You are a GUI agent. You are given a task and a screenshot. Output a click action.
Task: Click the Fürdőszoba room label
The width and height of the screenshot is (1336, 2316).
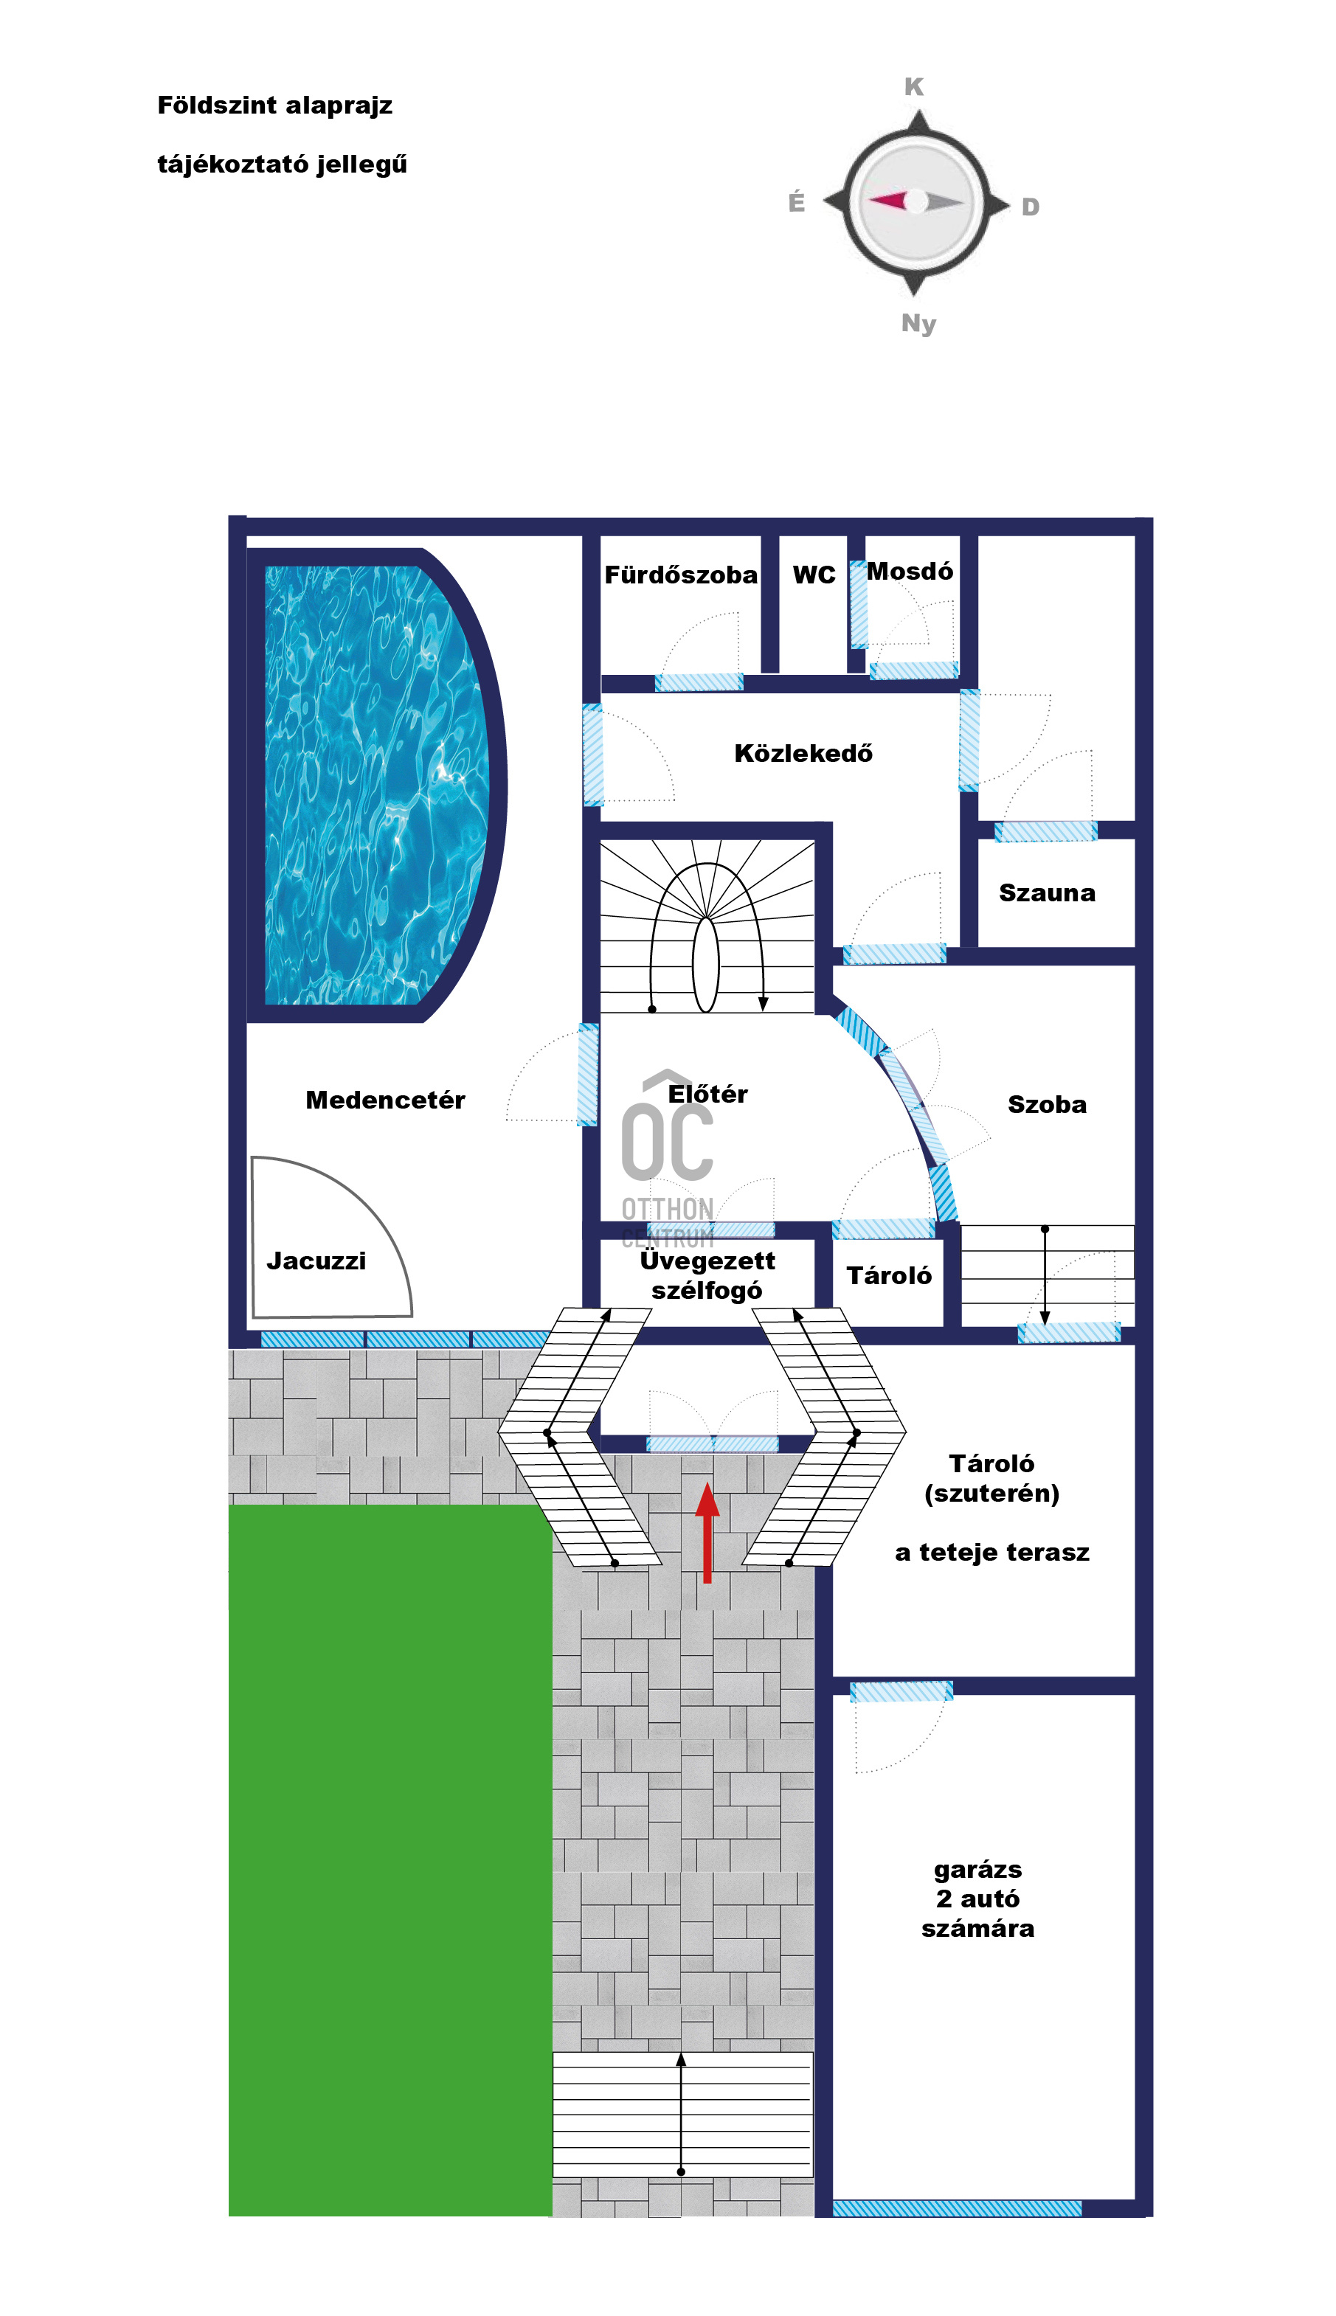tap(681, 575)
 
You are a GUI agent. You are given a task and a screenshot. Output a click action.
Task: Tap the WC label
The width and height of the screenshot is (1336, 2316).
tap(814, 575)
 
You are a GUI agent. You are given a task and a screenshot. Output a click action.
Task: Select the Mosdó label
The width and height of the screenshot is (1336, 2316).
tap(910, 572)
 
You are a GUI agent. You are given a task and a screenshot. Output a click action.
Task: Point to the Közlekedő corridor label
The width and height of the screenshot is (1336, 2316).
tap(803, 753)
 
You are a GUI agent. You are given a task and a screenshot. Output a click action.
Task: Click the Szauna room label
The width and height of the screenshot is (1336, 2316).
tap(1047, 893)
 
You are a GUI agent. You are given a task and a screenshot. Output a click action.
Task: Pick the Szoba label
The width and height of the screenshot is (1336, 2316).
tap(1047, 1104)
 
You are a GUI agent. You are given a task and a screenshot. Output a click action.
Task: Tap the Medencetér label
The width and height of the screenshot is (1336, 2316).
tap(385, 1100)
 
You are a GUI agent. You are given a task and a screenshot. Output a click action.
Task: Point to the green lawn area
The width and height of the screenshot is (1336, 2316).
tap(390, 1860)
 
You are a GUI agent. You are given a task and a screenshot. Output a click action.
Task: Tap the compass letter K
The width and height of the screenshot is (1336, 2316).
tap(914, 87)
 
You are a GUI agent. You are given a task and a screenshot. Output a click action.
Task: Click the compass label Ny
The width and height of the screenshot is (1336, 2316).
tap(918, 324)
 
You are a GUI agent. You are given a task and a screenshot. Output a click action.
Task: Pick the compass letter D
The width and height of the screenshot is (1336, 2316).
tap(1031, 207)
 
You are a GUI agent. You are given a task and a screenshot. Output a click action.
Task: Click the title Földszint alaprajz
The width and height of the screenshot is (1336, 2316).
tap(274, 105)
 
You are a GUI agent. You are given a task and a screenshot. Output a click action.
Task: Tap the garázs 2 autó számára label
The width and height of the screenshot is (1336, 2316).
tap(978, 1899)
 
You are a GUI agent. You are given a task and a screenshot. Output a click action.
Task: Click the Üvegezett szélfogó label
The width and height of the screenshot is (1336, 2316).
tap(707, 1276)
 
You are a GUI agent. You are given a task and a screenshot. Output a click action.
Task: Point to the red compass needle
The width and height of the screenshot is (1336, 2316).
tap(887, 200)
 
